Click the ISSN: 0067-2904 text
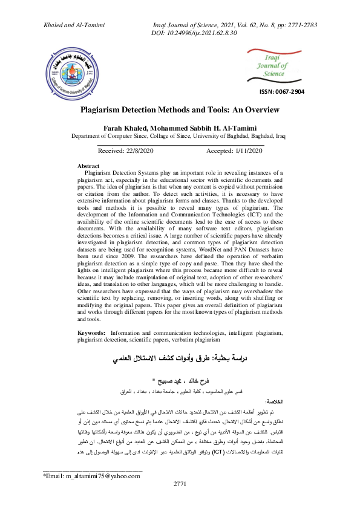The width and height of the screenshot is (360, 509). [281, 91]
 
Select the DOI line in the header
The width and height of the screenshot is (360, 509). [192, 33]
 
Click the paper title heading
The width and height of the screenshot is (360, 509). [180, 110]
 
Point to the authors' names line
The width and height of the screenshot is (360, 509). [180, 128]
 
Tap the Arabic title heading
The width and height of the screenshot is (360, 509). [180, 360]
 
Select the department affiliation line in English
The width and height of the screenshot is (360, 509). [180, 137]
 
